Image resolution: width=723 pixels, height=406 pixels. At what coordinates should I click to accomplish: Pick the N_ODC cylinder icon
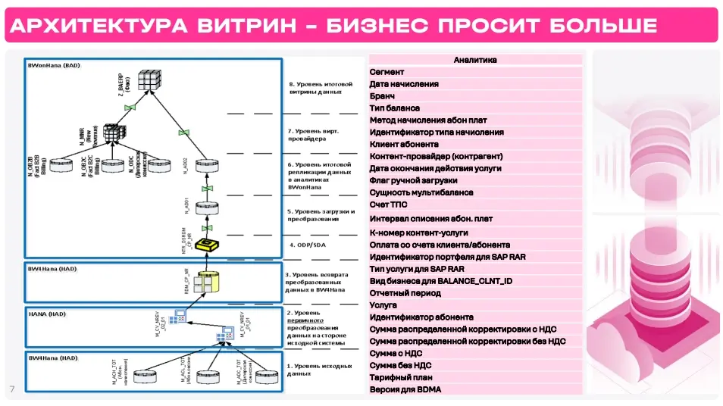tap(159, 164)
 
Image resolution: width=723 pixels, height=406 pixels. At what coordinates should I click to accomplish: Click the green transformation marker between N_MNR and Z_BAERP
tap(130, 108)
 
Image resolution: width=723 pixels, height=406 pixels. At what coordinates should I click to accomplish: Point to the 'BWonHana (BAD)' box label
tap(54, 66)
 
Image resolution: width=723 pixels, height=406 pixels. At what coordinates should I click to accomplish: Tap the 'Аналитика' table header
tap(475, 60)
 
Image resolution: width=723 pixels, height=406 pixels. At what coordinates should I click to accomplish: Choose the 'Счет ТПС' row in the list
tap(389, 205)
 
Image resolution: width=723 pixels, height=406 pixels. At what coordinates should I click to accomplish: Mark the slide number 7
tap(12, 389)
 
